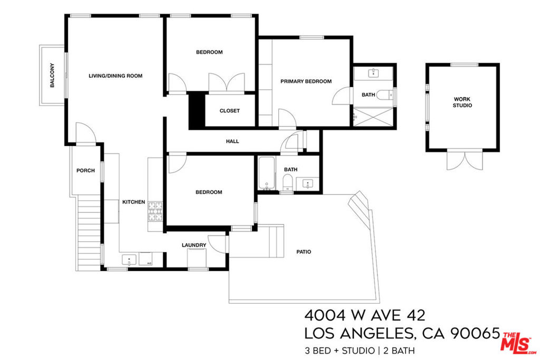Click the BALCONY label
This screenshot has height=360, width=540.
[x=52, y=75]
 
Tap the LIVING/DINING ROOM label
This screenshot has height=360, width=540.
[x=115, y=76]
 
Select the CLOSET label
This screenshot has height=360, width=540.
[x=229, y=111]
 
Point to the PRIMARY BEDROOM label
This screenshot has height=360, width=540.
[x=306, y=82]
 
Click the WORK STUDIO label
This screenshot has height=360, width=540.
[x=462, y=102]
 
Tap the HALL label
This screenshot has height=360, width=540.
[x=233, y=141]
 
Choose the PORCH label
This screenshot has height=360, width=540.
[x=85, y=170]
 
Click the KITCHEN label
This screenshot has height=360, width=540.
[x=133, y=202]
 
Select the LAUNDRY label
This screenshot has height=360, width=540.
[x=194, y=245]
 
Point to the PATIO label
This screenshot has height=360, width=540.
[x=304, y=252]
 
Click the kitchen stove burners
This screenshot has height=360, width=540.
[x=155, y=211]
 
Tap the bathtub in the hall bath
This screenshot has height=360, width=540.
[x=267, y=173]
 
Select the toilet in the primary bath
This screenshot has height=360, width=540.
[x=384, y=95]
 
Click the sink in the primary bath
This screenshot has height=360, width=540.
[x=373, y=73]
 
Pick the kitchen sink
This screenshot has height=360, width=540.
[x=129, y=260]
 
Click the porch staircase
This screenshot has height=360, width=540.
[x=89, y=232]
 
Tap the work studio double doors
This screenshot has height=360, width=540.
[x=465, y=160]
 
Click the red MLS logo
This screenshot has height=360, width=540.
[x=519, y=343]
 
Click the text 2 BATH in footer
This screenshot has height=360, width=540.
[x=399, y=351]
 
